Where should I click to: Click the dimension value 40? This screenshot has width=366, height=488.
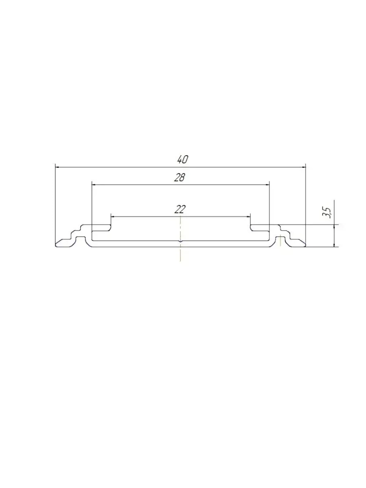point(183,159)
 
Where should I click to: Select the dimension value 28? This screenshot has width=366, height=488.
point(179,178)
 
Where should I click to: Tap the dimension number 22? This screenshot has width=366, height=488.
point(180,209)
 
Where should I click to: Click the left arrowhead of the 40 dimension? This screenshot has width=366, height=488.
point(57,167)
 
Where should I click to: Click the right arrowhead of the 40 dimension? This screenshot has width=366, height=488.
point(304,167)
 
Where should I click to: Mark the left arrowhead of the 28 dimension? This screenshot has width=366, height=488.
point(94,185)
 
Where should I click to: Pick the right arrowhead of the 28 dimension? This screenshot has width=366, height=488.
point(267,185)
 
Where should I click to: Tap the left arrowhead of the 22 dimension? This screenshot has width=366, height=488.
point(113,216)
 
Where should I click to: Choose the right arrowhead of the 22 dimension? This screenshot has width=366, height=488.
point(249,216)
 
